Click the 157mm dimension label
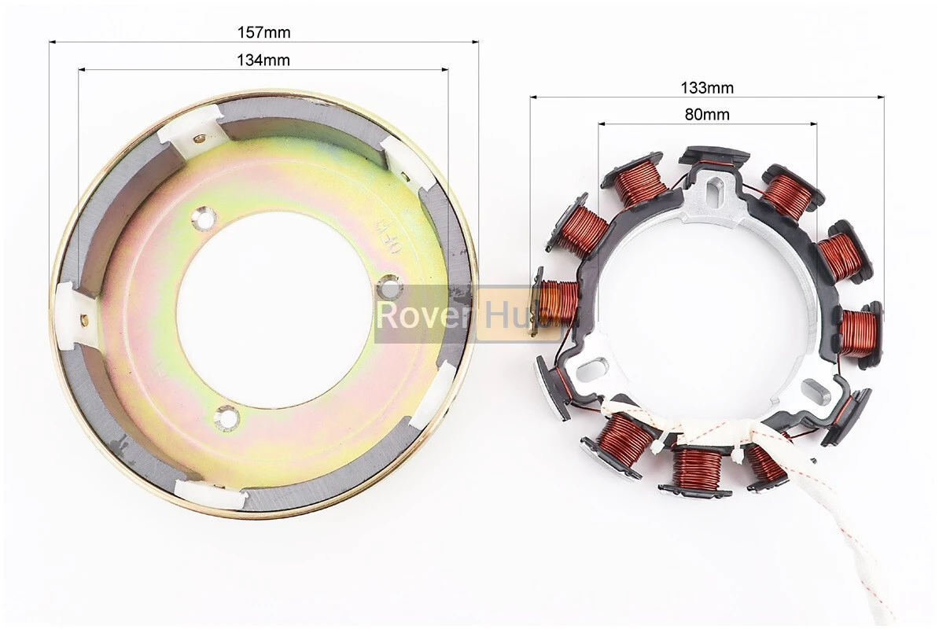click(263, 31)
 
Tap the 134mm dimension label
click(263, 60)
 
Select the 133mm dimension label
click(707, 87)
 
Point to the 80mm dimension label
click(707, 114)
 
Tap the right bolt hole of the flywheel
click(390, 285)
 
